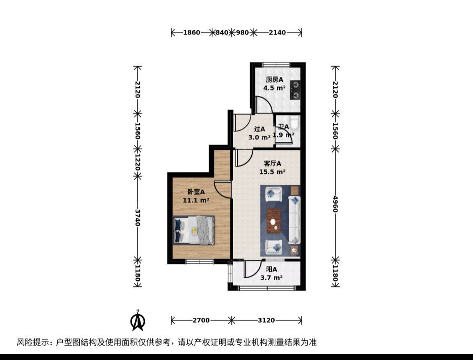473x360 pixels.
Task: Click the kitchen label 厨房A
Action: pos(275,80)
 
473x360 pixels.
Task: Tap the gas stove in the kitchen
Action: pos(295,90)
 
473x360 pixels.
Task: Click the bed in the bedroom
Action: pos(194,230)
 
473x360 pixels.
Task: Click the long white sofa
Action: pos(294,220)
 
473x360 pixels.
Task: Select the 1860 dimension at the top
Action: pos(192,32)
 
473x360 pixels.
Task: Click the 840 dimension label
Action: pos(222,32)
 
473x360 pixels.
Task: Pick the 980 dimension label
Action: pos(243,32)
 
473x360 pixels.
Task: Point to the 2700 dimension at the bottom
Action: pos(201,320)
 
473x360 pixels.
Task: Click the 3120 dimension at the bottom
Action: pos(266,320)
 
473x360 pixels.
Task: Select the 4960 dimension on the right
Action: pos(335,204)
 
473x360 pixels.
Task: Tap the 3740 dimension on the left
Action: pos(138,218)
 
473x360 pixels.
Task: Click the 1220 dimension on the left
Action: pos(138,162)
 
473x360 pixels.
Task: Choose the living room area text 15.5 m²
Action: pos(272,172)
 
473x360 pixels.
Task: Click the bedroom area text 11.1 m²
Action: pos(196,200)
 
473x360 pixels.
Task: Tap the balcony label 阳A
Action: pos(271,270)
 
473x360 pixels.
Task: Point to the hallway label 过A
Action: pos(259,129)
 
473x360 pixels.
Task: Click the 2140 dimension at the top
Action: pos(277,32)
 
